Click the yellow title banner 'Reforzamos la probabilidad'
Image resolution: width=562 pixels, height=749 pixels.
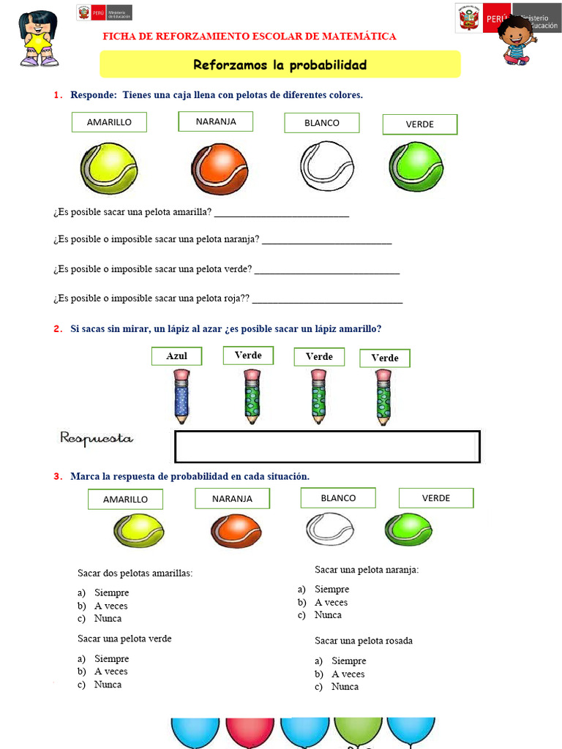point(280,65)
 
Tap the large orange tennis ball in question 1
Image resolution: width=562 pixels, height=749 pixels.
point(220,169)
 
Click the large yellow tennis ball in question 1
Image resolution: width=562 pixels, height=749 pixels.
point(109,168)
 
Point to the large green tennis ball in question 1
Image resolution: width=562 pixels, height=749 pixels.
point(416,167)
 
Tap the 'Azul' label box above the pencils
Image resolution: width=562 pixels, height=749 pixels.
point(177,356)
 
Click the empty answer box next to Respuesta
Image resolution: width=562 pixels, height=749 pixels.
point(327,446)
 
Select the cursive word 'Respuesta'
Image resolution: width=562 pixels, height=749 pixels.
point(97,438)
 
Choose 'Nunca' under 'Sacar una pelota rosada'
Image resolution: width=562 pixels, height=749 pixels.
point(345,687)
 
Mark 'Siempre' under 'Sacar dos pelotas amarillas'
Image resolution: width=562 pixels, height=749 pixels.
point(111,592)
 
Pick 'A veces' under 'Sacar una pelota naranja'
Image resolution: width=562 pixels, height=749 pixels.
point(331,602)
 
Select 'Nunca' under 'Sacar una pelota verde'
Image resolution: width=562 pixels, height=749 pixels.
point(108,685)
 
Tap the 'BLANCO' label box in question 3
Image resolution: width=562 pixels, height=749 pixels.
point(338,498)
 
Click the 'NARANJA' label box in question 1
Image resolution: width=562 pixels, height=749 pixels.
point(216,121)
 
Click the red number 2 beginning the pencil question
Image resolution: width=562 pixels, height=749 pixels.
point(57,329)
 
